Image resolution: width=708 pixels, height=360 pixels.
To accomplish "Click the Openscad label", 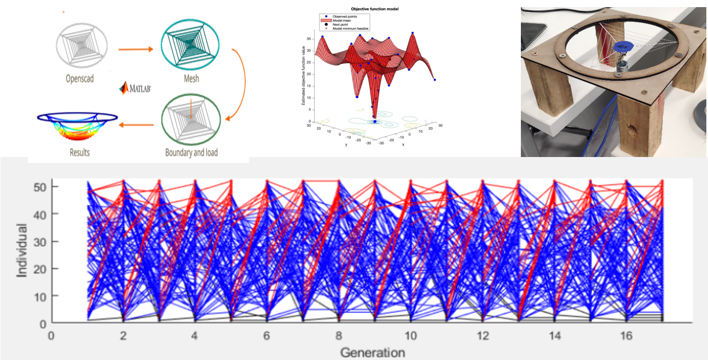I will (x=79, y=79).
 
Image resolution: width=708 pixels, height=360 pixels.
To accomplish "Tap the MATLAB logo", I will (x=136, y=88).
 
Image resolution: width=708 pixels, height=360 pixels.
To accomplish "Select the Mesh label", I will (x=190, y=79).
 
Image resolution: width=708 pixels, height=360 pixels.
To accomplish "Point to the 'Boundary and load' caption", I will (x=191, y=152).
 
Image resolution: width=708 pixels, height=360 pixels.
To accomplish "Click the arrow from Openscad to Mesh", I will (x=135, y=49).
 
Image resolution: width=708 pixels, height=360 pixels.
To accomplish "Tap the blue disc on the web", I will (x=622, y=48).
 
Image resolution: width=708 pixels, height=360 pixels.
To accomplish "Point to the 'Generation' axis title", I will (x=373, y=352).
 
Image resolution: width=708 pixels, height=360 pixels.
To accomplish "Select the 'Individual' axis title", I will (x=22, y=249).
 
